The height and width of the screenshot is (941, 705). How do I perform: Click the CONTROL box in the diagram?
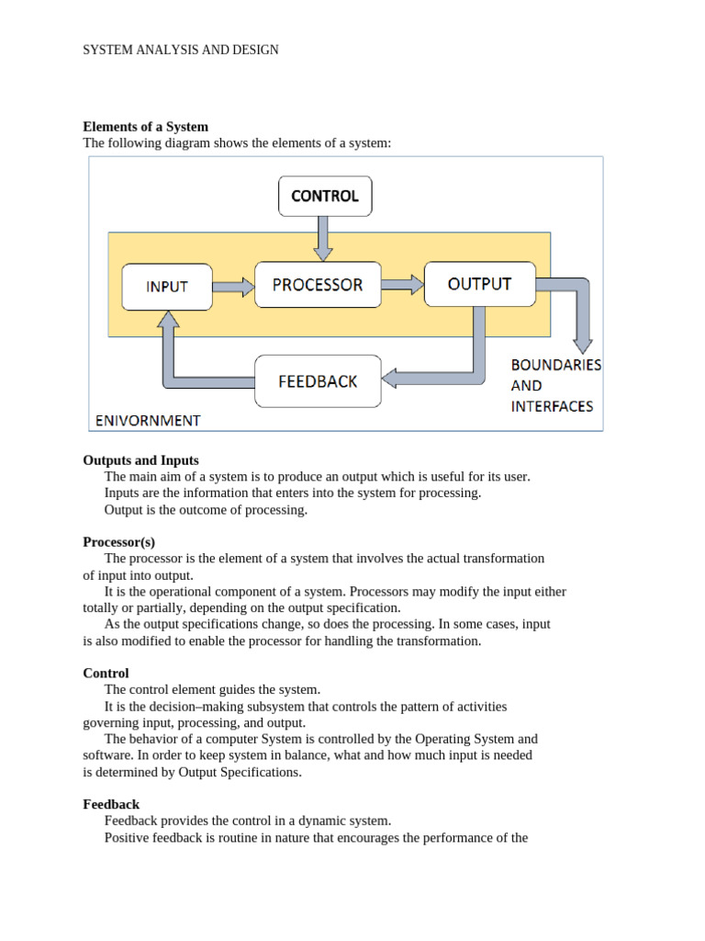(x=325, y=196)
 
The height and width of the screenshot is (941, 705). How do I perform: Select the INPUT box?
(x=167, y=287)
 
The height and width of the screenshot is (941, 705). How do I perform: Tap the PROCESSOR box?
(x=318, y=285)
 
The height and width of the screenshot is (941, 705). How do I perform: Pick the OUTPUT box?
(x=479, y=284)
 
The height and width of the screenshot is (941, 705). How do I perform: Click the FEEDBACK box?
(x=318, y=380)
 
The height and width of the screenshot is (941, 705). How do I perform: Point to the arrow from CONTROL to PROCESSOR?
(x=322, y=237)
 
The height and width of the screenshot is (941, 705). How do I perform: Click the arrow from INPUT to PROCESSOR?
(x=233, y=287)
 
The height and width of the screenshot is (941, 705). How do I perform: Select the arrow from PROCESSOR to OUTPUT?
(x=402, y=285)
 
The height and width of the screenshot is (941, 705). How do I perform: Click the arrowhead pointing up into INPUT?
(x=168, y=319)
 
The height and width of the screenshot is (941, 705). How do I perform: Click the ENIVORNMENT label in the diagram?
(x=148, y=421)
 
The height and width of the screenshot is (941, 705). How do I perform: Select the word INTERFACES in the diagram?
(x=552, y=406)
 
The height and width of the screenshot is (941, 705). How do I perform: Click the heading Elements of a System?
(x=145, y=127)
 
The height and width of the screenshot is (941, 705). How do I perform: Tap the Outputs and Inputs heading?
(x=140, y=460)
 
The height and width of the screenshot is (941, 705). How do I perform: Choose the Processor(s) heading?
(x=118, y=542)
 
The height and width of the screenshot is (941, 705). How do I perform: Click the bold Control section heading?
(x=106, y=674)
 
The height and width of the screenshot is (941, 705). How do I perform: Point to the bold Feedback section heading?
(x=111, y=804)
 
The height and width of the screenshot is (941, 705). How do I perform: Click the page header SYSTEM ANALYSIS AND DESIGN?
(x=181, y=50)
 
